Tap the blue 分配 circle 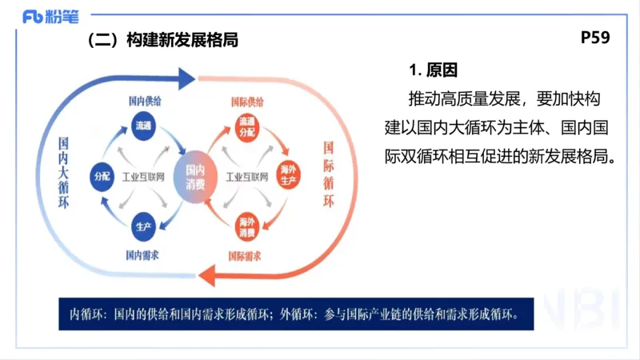102,175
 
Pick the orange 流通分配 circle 246,126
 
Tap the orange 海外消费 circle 246,226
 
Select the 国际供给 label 246,102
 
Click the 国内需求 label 144,255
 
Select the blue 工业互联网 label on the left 143,176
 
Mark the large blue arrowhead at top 185,78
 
